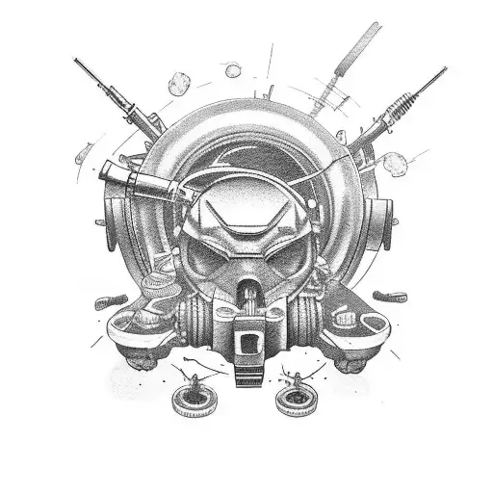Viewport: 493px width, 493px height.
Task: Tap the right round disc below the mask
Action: click(x=295, y=397)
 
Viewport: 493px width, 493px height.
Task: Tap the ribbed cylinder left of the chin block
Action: click(x=196, y=317)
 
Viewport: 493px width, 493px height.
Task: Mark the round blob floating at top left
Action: click(x=179, y=84)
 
